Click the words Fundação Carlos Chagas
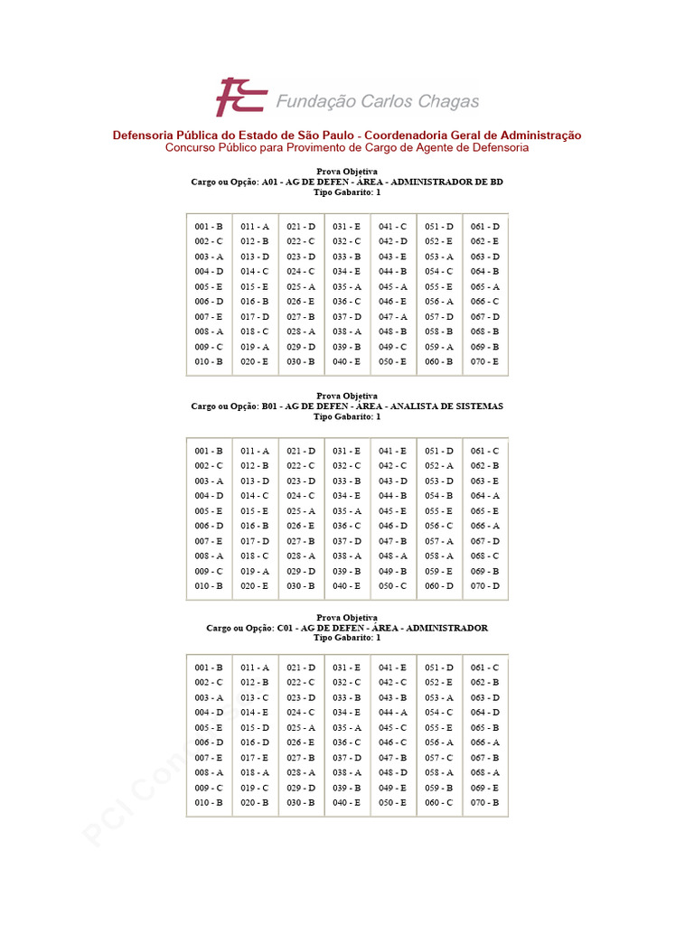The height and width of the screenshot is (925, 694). (377, 101)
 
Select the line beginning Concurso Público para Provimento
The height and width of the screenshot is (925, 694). (347, 147)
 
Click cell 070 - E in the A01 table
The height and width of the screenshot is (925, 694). (484, 361)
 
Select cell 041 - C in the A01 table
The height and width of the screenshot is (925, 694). (392, 227)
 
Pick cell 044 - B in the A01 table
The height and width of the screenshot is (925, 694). (392, 271)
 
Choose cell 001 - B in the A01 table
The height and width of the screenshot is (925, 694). (209, 227)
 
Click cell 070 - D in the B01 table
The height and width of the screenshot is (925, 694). (484, 586)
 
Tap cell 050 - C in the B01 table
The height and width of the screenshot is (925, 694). (392, 586)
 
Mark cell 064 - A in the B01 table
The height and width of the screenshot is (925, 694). (484, 496)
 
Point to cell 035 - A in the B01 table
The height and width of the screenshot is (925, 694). (346, 511)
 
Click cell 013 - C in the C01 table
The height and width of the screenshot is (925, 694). (255, 697)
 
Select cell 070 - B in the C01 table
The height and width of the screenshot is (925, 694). (484, 802)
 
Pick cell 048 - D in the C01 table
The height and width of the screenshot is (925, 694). (392, 772)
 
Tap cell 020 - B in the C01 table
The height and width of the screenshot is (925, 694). (255, 802)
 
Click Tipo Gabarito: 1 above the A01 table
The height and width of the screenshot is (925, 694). (347, 192)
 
